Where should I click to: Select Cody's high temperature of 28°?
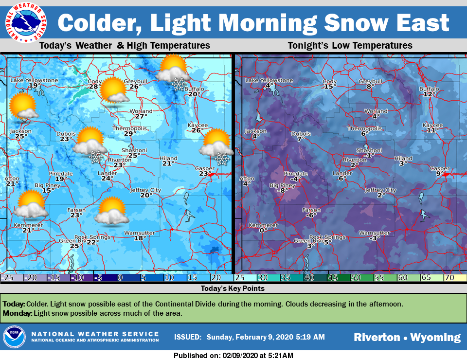pyautogui.click(x=94, y=87)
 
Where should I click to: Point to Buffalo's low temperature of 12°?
pyautogui.click(x=428, y=94)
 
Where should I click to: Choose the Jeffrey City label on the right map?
pyautogui.click(x=380, y=190)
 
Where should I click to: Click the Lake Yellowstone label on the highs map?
pyautogui.click(x=34, y=80)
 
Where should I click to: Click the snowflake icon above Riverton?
pyautogui.click(x=95, y=156)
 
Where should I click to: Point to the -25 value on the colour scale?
pyautogui.click(x=7, y=278)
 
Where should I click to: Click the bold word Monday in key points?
pyautogui.click(x=17, y=313)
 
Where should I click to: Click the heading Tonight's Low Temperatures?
pyautogui.click(x=350, y=46)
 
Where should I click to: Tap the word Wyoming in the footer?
pyautogui.click(x=435, y=337)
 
